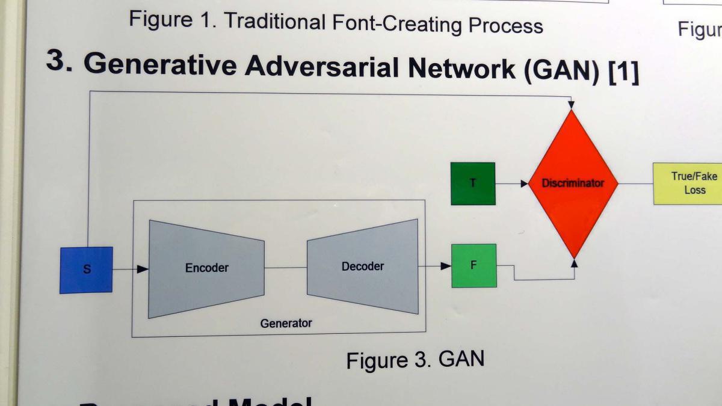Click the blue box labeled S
(86, 269)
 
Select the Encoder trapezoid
(206, 268)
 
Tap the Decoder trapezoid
(362, 266)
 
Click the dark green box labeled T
(473, 183)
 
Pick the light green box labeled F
(474, 265)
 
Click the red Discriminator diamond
(572, 183)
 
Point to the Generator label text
(286, 324)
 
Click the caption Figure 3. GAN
(415, 360)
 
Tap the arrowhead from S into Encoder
(143, 269)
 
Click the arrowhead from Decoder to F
(446, 266)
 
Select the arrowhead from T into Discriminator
(523, 183)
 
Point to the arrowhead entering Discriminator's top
(572, 105)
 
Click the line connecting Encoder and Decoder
(285, 268)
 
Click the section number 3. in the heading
(60, 61)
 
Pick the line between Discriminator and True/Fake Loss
(635, 183)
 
